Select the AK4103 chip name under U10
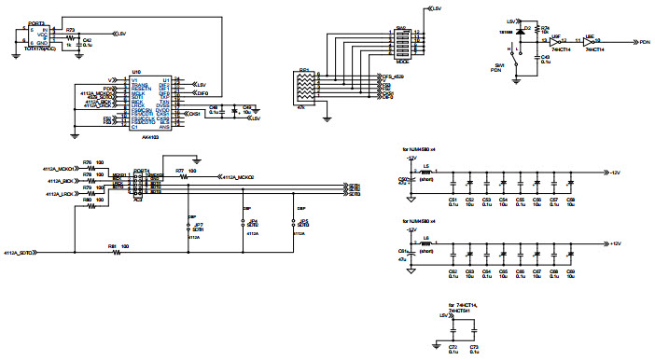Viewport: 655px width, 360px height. (x=136, y=137)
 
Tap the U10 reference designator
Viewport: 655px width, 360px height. (x=136, y=72)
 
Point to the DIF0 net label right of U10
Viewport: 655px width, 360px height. (x=202, y=94)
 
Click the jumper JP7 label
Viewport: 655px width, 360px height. (x=197, y=225)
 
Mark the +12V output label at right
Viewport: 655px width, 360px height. (x=616, y=243)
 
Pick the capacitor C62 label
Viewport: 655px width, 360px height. (x=453, y=270)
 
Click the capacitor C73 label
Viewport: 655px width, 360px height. (x=475, y=346)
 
